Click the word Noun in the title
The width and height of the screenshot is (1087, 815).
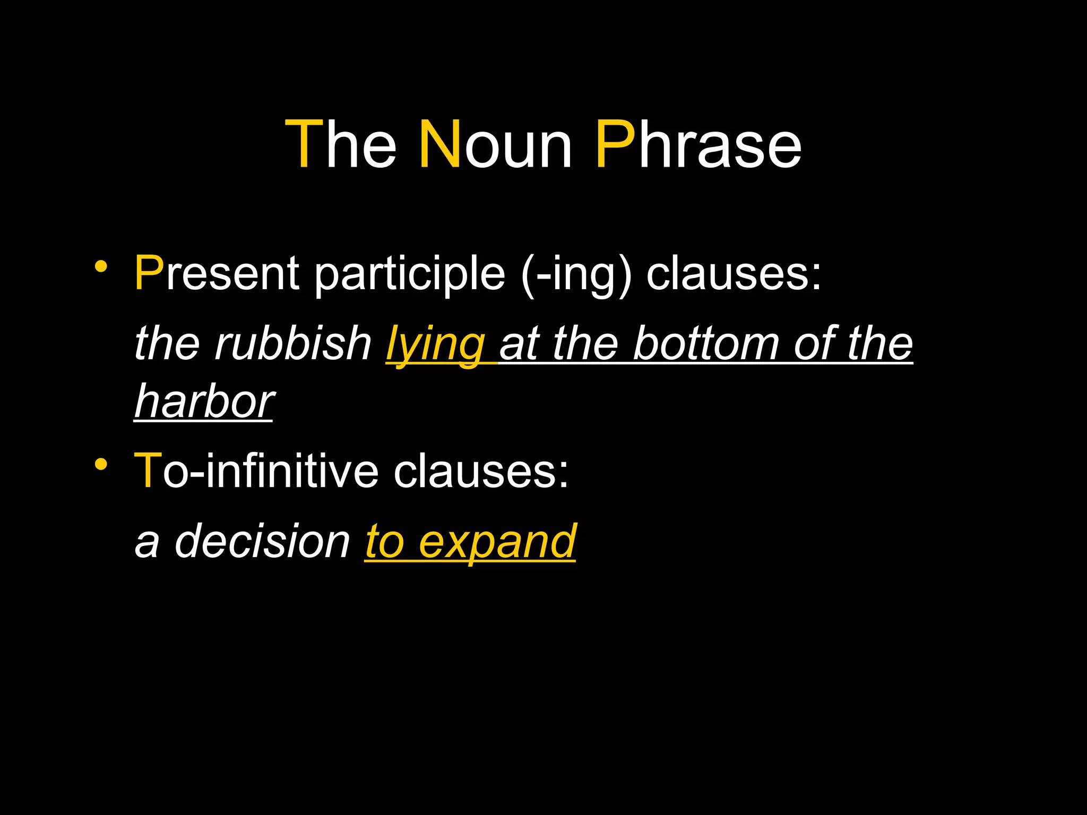[x=495, y=144]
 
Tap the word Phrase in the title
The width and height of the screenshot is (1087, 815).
[x=698, y=144]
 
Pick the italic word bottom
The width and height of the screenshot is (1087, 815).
[x=706, y=343]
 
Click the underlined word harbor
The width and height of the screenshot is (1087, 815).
[x=204, y=402]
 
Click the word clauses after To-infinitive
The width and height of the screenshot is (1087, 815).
[x=481, y=471]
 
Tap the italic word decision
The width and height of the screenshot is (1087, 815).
[x=263, y=541]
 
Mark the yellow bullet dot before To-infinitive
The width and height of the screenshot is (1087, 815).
[x=101, y=464]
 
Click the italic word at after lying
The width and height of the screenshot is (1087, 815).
[x=520, y=344]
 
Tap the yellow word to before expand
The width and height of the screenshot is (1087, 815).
[x=385, y=542]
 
